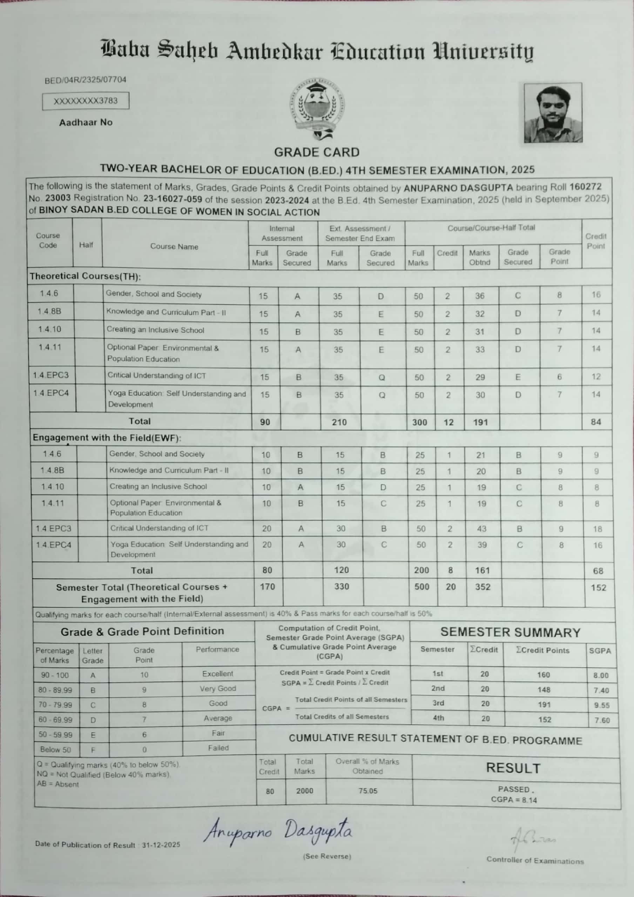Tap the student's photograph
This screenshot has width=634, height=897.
[x=553, y=112]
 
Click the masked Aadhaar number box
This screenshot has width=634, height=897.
[x=86, y=101]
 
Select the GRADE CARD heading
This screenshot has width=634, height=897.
[x=317, y=152]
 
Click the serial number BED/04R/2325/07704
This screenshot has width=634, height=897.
[x=86, y=80]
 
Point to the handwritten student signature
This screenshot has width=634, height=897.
[x=277, y=835]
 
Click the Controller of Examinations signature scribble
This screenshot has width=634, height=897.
[x=534, y=840]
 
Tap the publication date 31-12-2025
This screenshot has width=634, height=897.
[x=161, y=845]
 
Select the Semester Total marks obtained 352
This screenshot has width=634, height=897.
[x=483, y=587]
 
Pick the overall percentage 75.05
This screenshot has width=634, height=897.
[x=368, y=791]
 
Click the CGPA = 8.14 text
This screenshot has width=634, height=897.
[x=514, y=800]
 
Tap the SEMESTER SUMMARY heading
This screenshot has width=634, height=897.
[x=511, y=632]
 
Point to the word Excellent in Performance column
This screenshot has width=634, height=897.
[x=218, y=673]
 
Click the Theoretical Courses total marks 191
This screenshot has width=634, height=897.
[x=480, y=422]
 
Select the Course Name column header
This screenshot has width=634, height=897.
[x=174, y=247]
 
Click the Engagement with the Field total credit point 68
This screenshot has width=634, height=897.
[x=598, y=571]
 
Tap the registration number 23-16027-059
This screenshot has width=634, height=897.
[x=173, y=199]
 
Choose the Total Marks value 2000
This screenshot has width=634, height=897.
[x=304, y=791]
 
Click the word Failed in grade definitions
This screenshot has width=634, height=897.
[x=218, y=748]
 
